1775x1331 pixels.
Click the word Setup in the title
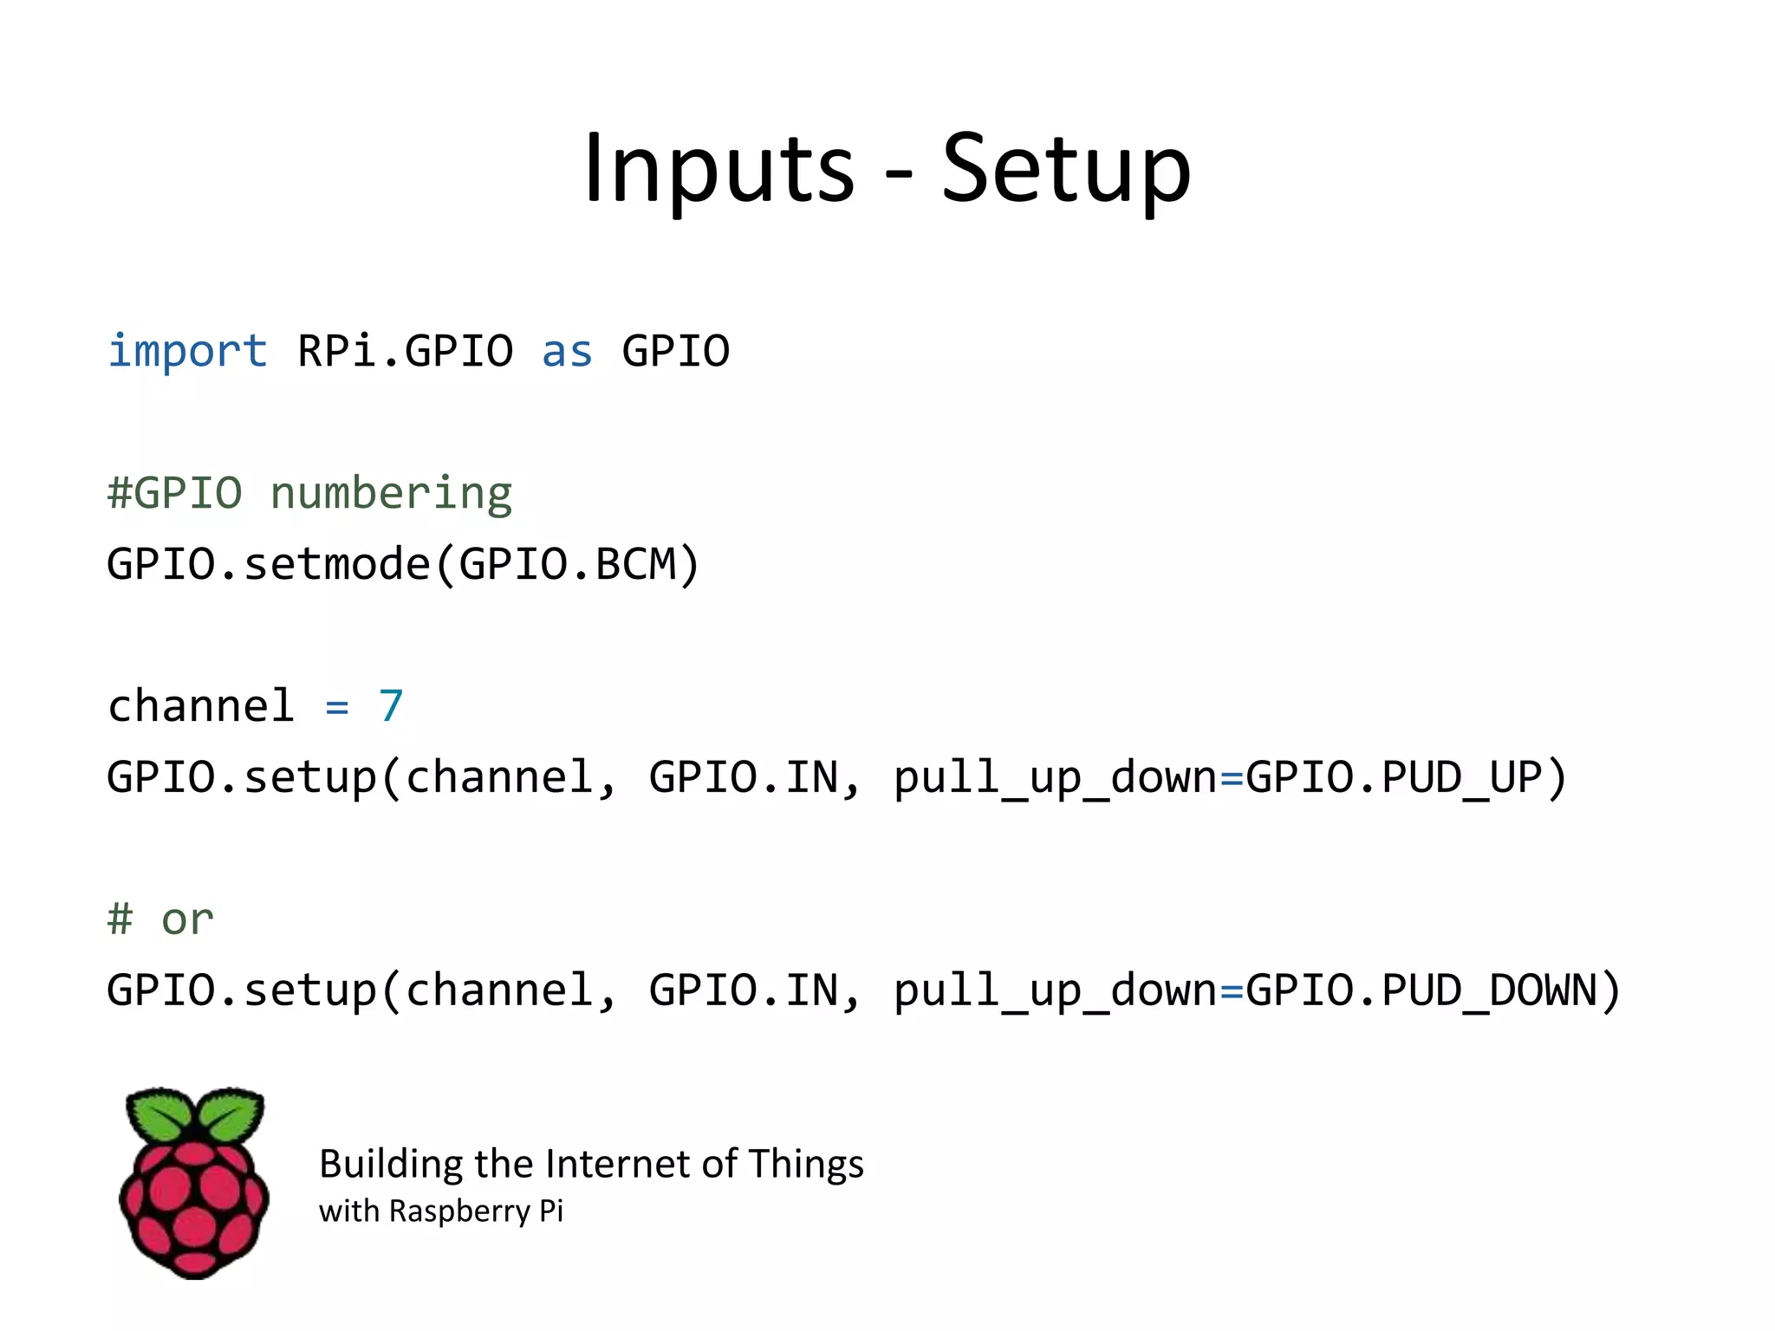click(1066, 169)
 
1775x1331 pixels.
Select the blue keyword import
click(187, 352)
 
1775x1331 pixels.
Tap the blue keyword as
click(567, 352)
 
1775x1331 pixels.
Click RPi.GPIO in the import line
click(405, 352)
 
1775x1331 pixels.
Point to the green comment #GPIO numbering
click(309, 494)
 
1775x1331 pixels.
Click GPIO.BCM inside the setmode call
click(568, 564)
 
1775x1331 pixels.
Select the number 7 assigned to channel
click(391, 705)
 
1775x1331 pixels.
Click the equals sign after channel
click(336, 708)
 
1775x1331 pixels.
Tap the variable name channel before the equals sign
click(200, 705)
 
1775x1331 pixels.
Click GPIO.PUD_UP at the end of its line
click(1394, 776)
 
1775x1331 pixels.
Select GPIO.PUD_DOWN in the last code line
click(1421, 990)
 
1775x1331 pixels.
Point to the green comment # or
click(160, 919)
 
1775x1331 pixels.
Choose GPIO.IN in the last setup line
click(744, 990)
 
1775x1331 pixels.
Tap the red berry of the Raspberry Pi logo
click(194, 1204)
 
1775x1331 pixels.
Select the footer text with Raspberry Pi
click(440, 1211)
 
